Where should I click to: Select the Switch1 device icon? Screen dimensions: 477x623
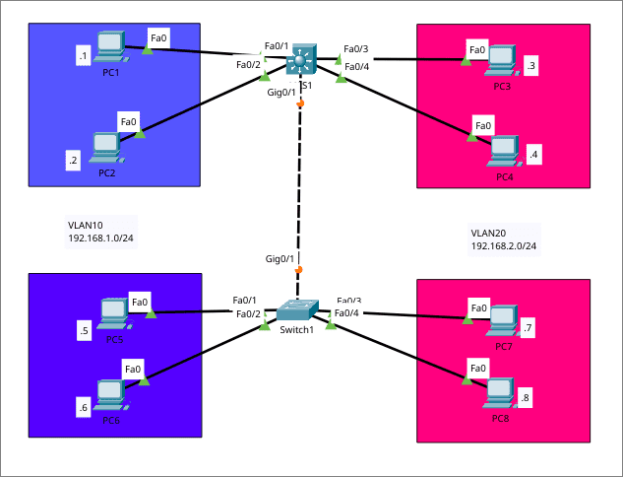pos(295,309)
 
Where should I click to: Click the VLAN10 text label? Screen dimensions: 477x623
pos(85,225)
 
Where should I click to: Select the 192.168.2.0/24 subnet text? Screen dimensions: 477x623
pos(503,245)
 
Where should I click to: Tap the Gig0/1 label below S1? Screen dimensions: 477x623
pos(281,92)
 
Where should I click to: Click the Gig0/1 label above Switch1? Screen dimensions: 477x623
pos(280,259)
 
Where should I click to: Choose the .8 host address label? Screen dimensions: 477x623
pos(525,398)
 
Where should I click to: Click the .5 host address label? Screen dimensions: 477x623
pos(85,331)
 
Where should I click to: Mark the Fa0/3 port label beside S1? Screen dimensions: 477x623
pos(355,48)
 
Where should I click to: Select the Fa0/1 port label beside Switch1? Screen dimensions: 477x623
pos(244,301)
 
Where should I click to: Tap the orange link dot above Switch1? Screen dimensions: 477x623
pos(299,269)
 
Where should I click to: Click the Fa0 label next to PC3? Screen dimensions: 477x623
pos(477,49)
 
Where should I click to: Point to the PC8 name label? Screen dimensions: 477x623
pos(501,419)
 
